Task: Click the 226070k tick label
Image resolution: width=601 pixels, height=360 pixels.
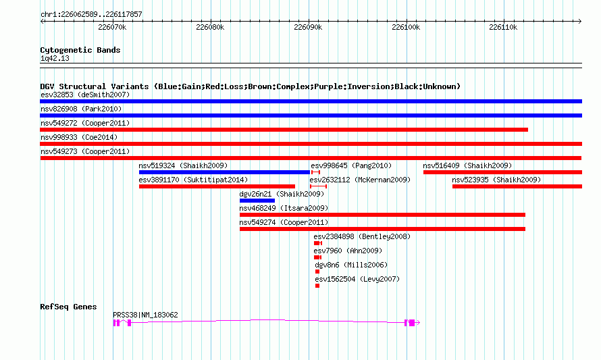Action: [x=112, y=27]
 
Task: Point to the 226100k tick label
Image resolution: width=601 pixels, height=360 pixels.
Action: [x=406, y=27]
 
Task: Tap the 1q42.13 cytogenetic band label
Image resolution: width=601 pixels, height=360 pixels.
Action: [x=55, y=59]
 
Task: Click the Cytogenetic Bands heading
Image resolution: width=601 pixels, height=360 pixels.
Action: [x=80, y=50]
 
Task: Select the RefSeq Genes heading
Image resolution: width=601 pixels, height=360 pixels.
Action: [x=68, y=307]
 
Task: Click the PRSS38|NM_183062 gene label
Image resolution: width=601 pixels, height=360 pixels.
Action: [x=145, y=315]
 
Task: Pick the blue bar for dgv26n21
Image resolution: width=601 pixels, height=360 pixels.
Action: [x=257, y=201]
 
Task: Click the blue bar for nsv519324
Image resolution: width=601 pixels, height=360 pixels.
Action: [x=224, y=172]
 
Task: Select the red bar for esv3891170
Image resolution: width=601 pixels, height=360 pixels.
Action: [x=217, y=186]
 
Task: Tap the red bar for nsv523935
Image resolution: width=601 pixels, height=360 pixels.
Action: [x=517, y=186]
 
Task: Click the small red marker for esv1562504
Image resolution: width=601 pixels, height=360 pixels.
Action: [x=317, y=286]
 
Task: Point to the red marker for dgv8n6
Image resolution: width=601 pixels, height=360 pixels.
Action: [x=317, y=272]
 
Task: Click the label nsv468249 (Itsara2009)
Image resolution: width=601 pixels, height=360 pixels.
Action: [x=284, y=208]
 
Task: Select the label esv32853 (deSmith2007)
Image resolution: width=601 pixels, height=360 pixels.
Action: [x=85, y=95]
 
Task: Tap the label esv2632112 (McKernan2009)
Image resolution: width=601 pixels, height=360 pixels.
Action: [x=360, y=180]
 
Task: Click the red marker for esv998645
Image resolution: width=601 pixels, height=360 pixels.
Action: [x=315, y=172]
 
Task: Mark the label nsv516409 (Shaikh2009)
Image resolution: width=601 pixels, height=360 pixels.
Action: [x=467, y=165]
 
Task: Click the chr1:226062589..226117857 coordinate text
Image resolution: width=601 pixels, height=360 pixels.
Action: [x=91, y=15]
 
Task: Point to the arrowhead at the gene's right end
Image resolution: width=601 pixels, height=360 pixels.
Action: [x=418, y=323]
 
